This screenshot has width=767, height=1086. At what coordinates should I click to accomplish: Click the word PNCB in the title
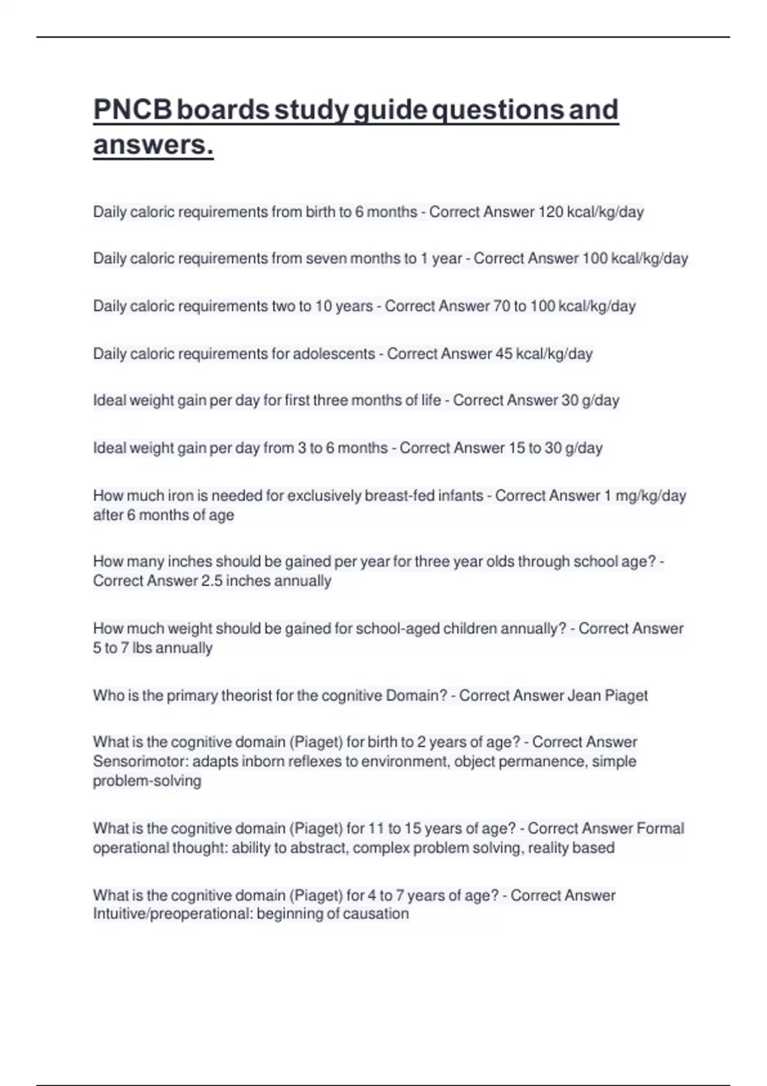click(x=132, y=110)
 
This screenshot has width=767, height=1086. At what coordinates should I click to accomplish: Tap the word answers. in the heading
click(x=153, y=144)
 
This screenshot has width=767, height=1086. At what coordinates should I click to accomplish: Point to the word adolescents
click(x=334, y=354)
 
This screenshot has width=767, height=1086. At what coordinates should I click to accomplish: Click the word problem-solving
click(x=147, y=781)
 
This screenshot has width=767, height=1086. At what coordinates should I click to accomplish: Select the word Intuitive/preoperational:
click(x=172, y=914)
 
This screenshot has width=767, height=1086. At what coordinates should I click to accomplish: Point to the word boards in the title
click(x=222, y=110)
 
